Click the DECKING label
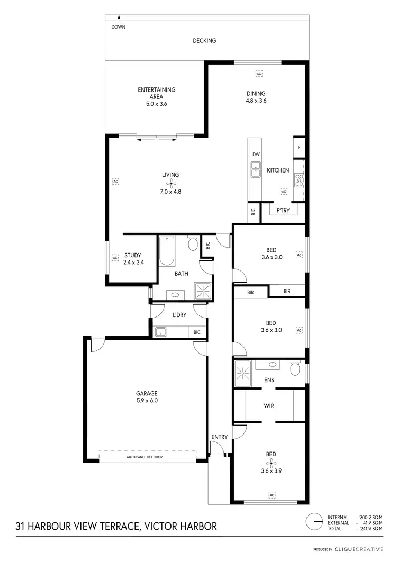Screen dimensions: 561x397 (x=204, y=40)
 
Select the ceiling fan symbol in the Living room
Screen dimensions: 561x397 (x=170, y=183)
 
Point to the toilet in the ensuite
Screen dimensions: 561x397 (x=295, y=367)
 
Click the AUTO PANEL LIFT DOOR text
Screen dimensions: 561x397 (x=147, y=456)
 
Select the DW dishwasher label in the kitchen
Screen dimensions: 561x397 (x=256, y=155)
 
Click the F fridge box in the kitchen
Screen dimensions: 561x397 (x=299, y=148)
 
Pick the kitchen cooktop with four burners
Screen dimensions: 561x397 (x=299, y=181)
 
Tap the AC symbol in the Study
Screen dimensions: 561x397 (x=114, y=258)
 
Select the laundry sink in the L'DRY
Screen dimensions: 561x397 (x=161, y=332)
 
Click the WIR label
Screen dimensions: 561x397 (x=269, y=406)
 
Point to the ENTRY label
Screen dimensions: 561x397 (x=219, y=437)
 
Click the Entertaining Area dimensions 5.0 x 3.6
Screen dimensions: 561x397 (x=157, y=104)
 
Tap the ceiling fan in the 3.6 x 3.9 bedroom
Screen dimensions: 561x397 (x=272, y=463)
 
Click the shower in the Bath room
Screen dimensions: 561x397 (x=202, y=291)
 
